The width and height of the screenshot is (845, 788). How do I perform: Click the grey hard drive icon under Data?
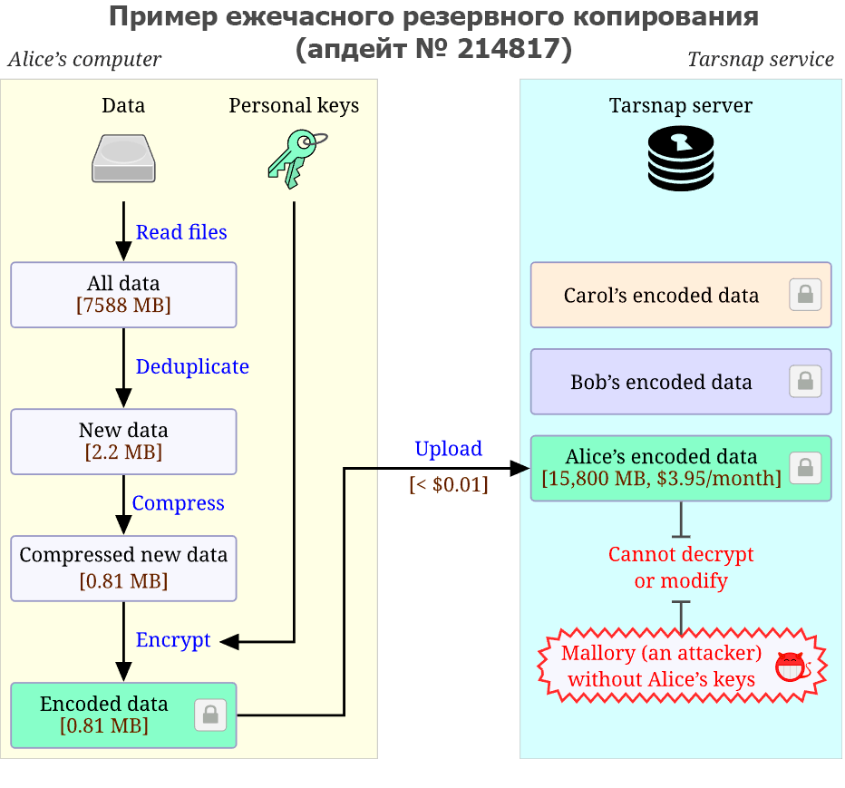click(x=123, y=159)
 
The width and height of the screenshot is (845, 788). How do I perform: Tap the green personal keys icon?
click(x=297, y=159)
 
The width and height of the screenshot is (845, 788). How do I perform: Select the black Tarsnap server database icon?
click(x=681, y=159)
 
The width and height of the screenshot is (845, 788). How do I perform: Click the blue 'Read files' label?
click(x=181, y=232)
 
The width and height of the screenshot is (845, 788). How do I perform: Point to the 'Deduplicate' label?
click(x=192, y=366)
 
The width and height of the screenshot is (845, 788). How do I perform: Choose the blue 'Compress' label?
click(x=178, y=503)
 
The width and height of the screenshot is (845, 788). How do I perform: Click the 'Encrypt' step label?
click(x=173, y=640)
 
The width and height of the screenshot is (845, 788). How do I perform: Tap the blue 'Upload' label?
click(x=449, y=449)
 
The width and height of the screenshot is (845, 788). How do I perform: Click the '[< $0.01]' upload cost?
click(x=449, y=484)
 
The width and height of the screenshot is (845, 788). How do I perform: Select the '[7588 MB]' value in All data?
click(x=123, y=306)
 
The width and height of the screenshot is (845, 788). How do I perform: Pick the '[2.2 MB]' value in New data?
click(x=123, y=452)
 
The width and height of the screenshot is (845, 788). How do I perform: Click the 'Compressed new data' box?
click(x=123, y=569)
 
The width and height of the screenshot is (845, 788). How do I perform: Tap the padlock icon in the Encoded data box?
click(x=210, y=715)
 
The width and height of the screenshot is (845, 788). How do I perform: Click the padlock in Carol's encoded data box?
click(x=805, y=295)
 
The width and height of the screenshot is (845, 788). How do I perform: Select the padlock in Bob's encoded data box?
click(x=805, y=382)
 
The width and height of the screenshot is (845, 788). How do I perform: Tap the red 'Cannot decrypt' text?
click(x=681, y=555)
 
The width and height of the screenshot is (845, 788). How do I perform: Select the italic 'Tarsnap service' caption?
click(x=761, y=59)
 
